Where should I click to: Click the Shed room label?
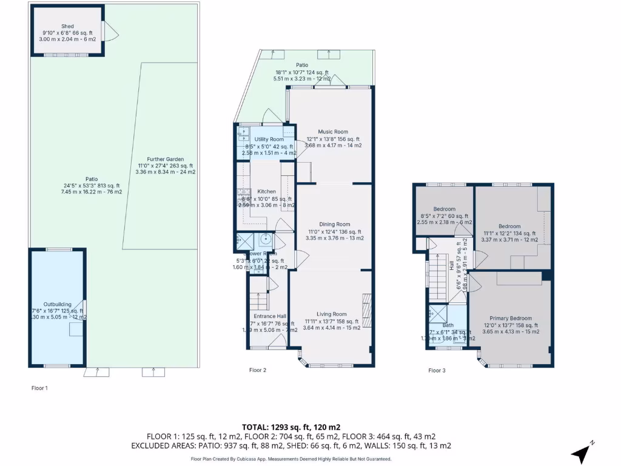click(67, 26)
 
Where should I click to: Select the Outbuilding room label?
click(58, 304)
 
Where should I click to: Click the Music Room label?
click(333, 132)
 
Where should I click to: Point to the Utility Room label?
click(269, 140)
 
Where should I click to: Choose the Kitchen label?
click(267, 192)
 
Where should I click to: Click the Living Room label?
click(333, 314)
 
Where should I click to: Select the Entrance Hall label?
click(270, 316)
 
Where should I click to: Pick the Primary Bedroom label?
click(511, 319)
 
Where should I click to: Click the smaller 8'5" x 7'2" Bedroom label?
click(444, 209)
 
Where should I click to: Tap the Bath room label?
click(448, 325)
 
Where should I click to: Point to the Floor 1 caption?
click(39, 388)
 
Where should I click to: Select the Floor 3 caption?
click(437, 370)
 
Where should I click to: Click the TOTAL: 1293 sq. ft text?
click(290, 427)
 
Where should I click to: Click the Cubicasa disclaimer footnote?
click(291, 459)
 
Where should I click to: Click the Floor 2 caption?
click(258, 370)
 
